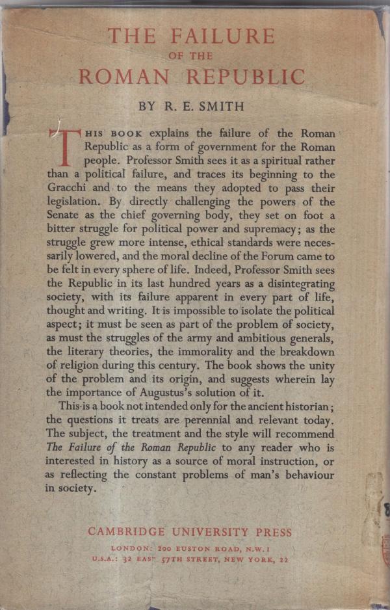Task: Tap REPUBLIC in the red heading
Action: tap(245, 77)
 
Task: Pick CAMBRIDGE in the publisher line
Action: tap(124, 531)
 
